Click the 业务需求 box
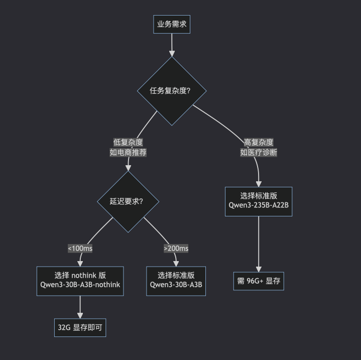point(172,24)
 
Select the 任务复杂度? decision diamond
point(172,91)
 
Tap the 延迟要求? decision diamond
point(128,202)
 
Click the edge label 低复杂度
point(128,143)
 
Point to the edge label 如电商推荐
point(128,153)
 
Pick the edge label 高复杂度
point(259,143)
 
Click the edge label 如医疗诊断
point(259,153)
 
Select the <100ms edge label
point(80,249)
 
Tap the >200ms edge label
point(176,249)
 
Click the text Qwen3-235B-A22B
point(259,205)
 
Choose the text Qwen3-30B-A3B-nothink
point(80,285)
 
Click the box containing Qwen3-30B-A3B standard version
point(176,281)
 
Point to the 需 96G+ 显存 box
point(259,281)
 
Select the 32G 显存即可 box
point(80,327)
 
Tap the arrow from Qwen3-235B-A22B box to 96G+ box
point(259,244)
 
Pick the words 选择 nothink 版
point(80,275)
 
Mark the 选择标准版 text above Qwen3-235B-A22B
point(259,196)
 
